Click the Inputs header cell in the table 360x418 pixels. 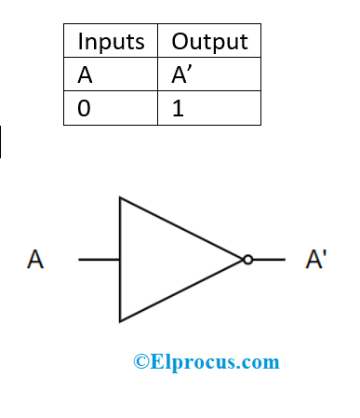pos(111,42)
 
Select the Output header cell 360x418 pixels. pos(209,42)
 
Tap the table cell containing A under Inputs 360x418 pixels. pos(111,75)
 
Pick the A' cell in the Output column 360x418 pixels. pos(209,75)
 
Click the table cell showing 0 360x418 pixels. pos(111,109)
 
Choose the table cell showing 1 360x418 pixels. pos(209,109)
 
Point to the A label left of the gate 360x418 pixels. pos(35,260)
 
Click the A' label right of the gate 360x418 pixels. pos(315,260)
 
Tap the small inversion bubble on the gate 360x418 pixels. pos(247,260)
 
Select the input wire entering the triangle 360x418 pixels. pos(99,260)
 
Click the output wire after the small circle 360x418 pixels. pos(269,260)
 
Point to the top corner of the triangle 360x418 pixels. pos(120,198)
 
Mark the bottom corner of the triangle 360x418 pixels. pos(120,321)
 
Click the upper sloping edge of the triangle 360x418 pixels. pos(181,228)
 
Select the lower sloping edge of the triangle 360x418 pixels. pos(181,291)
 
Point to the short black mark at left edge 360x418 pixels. pos(1,142)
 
